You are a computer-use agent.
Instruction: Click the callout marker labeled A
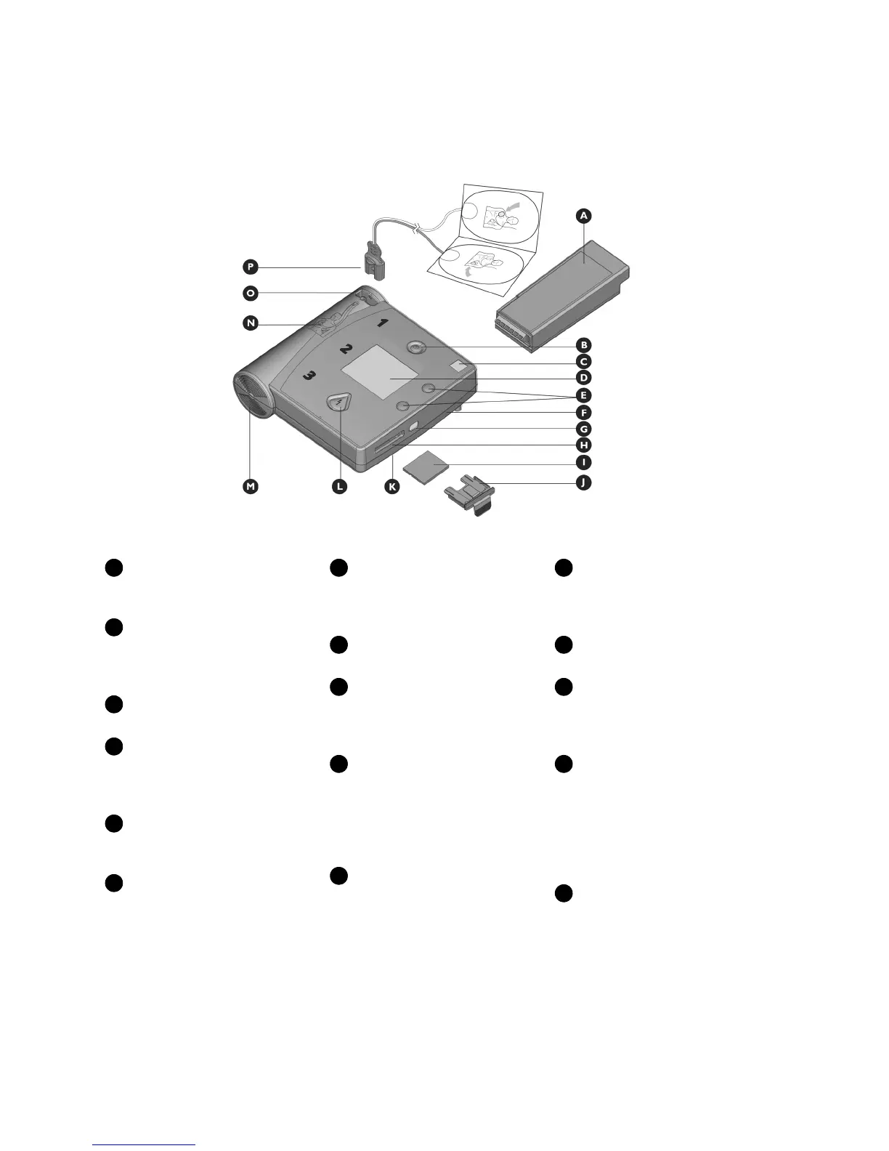click(582, 215)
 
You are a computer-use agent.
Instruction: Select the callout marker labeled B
click(582, 344)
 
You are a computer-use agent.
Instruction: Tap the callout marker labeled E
click(582, 396)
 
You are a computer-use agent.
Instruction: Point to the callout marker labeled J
click(582, 482)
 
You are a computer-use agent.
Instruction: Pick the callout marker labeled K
click(391, 486)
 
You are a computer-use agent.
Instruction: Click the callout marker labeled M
click(250, 486)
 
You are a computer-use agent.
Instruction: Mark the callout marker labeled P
click(250, 267)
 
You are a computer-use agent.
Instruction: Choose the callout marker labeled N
click(250, 323)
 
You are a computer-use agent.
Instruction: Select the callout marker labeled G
click(582, 429)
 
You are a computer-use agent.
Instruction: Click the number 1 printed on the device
click(381, 323)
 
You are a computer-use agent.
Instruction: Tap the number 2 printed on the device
click(348, 349)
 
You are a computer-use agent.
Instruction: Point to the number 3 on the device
click(309, 376)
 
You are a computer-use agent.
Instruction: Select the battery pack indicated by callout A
click(559, 294)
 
